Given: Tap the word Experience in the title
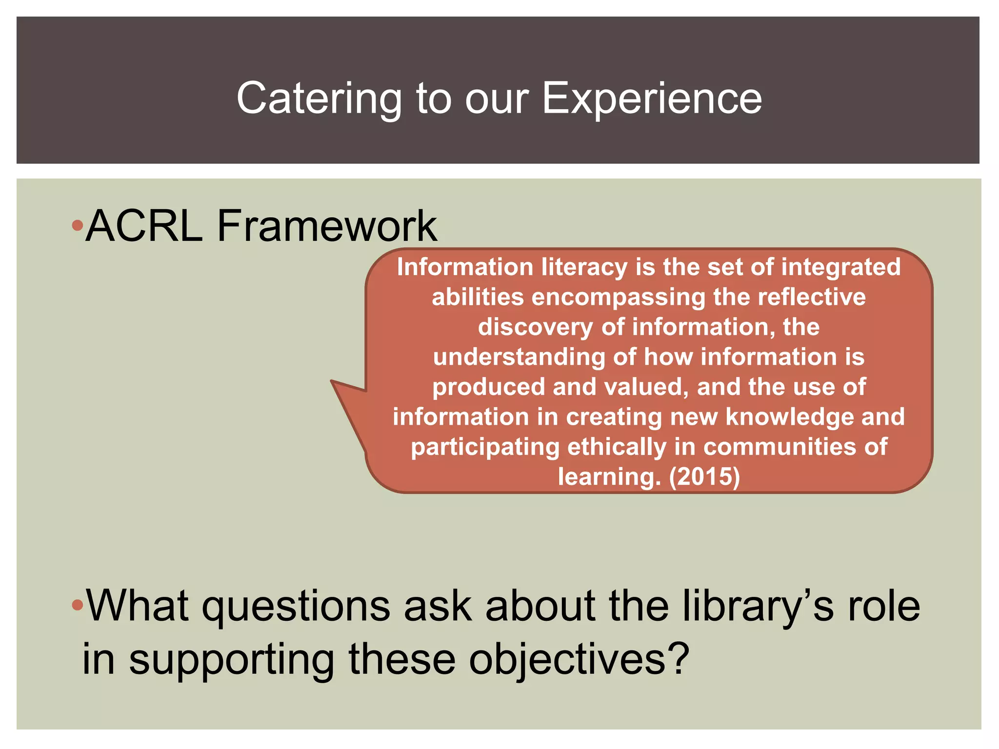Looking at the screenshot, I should tap(652, 99).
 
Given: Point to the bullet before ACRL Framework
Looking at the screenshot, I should tap(77, 226).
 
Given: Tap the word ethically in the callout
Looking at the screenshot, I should tap(617, 447).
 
